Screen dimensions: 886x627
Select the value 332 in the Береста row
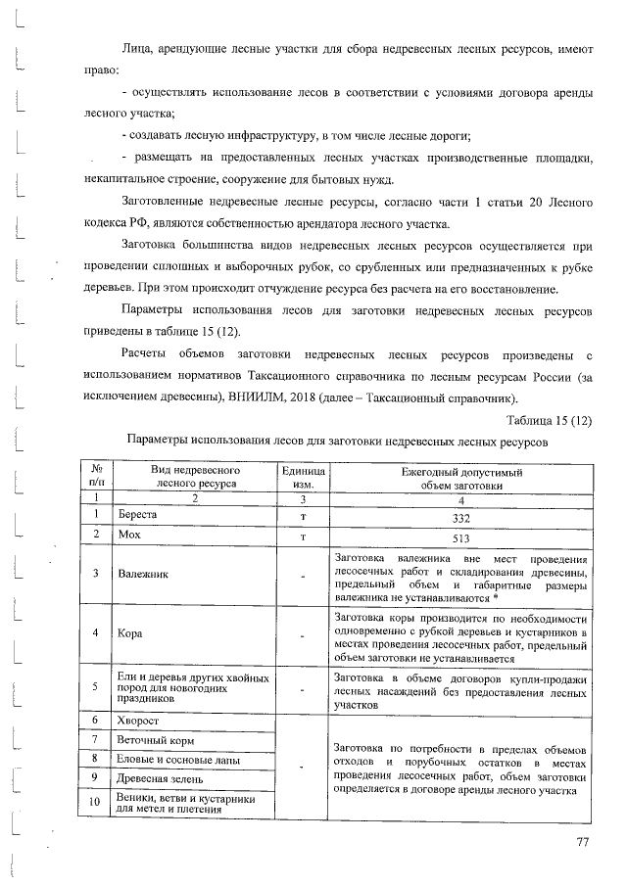tap(461, 517)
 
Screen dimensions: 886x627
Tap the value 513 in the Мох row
tap(461, 537)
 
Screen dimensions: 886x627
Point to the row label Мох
tap(129, 536)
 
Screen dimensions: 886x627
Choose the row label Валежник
tap(143, 573)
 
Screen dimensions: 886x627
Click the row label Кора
tap(131, 632)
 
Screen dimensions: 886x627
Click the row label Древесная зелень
tap(162, 778)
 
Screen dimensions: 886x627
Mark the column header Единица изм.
tap(303, 477)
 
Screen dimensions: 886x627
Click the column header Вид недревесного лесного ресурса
tap(195, 477)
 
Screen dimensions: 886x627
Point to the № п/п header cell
tap(96, 477)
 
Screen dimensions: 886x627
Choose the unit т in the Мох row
tap(304, 537)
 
